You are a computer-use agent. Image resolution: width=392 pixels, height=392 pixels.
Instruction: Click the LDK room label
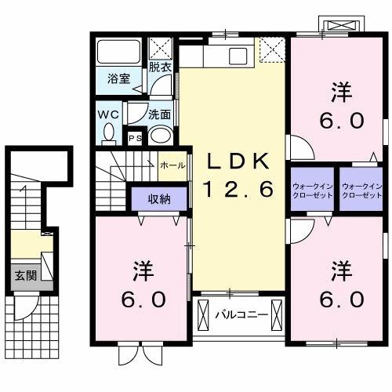(x=238, y=162)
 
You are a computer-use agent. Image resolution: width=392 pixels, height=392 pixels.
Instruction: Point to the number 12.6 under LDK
(x=238, y=189)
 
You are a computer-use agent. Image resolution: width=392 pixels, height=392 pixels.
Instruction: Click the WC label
(x=108, y=113)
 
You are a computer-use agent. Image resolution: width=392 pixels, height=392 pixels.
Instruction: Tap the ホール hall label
(x=172, y=165)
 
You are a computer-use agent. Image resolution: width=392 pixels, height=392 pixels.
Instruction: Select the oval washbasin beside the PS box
(x=162, y=135)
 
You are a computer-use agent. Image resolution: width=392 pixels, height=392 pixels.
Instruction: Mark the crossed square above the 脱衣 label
(x=161, y=47)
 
